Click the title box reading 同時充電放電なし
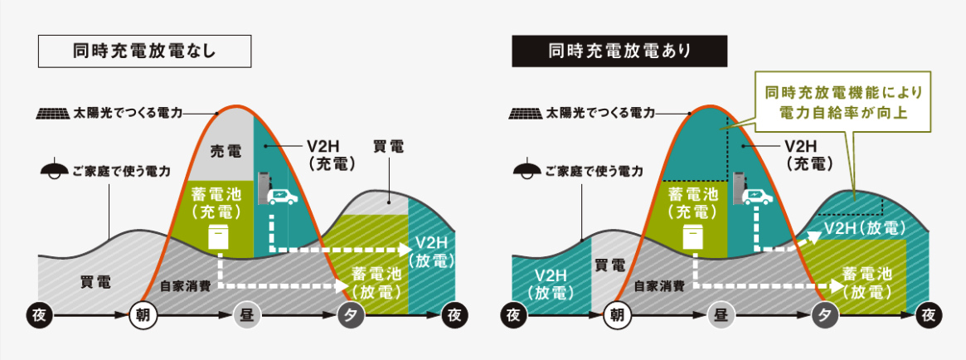click(144, 51)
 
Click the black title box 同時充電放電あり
click(619, 51)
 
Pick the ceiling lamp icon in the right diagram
click(526, 171)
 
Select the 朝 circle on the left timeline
click(143, 315)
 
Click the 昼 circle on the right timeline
click(720, 315)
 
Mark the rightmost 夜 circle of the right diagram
click(930, 315)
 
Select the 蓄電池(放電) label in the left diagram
click(376, 282)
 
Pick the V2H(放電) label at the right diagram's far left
click(546, 284)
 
